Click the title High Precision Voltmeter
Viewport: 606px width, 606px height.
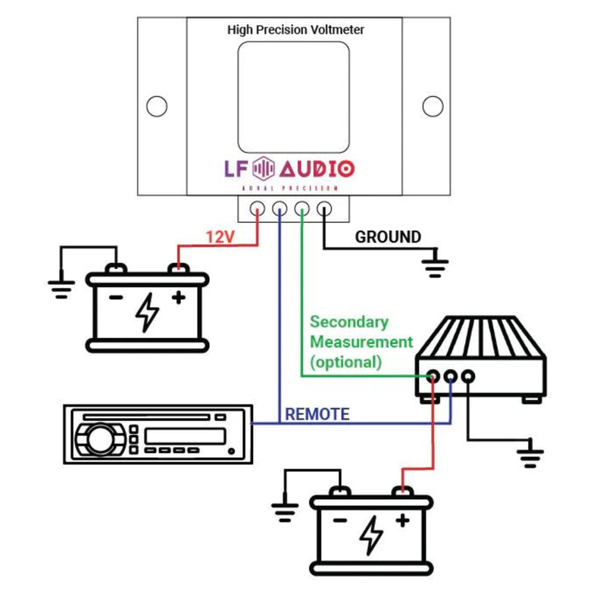295,30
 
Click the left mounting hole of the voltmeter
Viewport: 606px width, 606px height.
157,107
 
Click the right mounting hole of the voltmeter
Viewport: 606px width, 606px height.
433,107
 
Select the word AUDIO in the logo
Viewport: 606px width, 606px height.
317,168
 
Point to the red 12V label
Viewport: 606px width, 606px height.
220,237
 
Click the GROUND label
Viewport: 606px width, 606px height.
388,237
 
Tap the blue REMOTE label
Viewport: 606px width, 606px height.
317,414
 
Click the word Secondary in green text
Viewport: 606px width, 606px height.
348,322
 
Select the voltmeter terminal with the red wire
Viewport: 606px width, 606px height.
258,208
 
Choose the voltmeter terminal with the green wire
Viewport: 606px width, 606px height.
302,208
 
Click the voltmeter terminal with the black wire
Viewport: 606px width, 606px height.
325,208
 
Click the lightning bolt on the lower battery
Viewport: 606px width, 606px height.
371,536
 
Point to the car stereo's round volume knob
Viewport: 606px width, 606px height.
97,438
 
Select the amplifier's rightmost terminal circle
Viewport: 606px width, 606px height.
467,375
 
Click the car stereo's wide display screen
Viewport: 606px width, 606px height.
184,436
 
